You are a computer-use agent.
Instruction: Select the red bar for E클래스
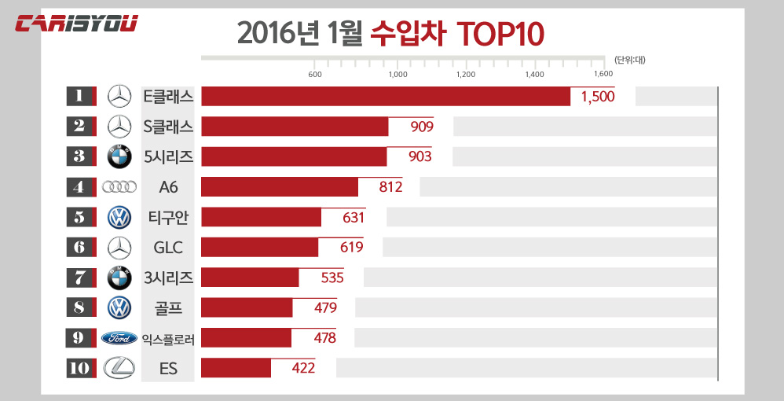[385, 96]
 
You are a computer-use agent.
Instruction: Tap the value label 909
[422, 127]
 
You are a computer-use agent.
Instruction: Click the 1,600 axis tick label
[603, 75]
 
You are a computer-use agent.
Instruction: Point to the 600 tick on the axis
[315, 75]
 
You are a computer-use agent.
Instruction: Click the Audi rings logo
[119, 187]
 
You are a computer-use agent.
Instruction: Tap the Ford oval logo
[119, 338]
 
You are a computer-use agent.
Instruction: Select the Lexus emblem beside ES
[119, 368]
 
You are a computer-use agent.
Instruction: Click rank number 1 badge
[80, 96]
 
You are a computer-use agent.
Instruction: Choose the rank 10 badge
[80, 368]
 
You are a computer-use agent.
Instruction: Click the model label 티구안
[168, 217]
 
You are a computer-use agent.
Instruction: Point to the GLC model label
[168, 248]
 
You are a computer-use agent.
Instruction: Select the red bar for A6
[279, 187]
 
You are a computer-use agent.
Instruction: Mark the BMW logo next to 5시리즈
[119, 156]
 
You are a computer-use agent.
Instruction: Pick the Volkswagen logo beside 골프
[119, 307]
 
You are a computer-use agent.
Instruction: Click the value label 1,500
[598, 97]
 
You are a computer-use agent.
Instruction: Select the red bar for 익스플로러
[246, 338]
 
